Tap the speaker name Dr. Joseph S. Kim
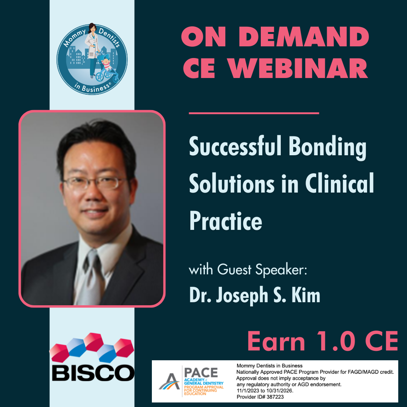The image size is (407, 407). [254, 295]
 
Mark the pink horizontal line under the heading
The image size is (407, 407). [254, 113]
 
